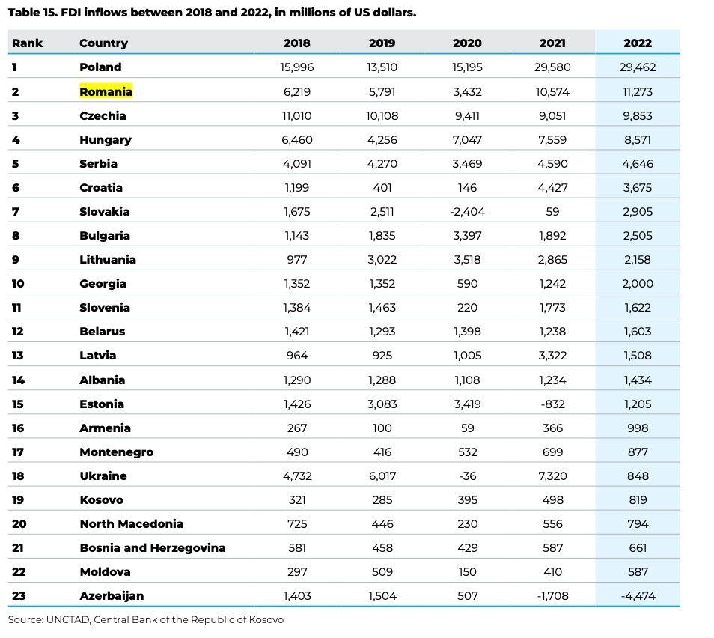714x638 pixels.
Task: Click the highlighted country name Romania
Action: tap(106, 91)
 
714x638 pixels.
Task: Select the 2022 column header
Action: tap(638, 43)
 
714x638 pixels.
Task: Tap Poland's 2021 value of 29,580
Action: tap(552, 67)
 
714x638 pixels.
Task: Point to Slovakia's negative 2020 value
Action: tap(467, 212)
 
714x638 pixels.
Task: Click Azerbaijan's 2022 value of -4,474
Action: tap(638, 596)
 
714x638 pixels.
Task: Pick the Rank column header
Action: tap(28, 43)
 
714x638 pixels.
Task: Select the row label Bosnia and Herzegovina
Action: tap(153, 548)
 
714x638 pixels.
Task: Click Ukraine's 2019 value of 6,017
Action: tap(382, 476)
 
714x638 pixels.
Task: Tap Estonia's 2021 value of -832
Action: tap(552, 404)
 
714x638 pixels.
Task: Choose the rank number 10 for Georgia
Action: tap(18, 284)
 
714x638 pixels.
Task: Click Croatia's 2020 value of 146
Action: tap(467, 188)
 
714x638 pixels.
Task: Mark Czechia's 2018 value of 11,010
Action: tap(297, 116)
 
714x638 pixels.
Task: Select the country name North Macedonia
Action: tap(132, 524)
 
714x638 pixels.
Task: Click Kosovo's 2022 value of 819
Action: tap(638, 500)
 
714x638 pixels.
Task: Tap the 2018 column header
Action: tap(297, 43)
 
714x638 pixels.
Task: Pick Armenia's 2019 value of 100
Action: tap(382, 428)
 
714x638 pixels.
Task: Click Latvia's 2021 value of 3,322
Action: tap(552, 356)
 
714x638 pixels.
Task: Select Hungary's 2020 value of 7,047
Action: tap(467, 140)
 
